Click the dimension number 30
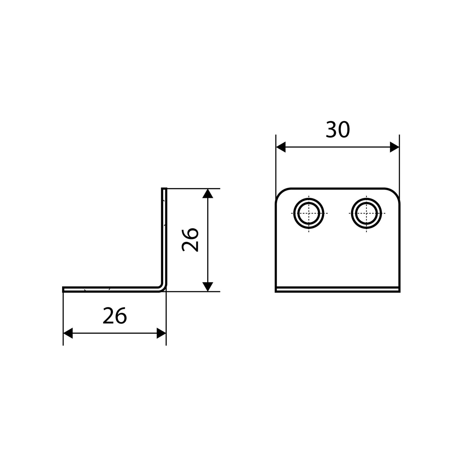(338, 130)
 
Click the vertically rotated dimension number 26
(190, 240)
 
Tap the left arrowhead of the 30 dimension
(281, 147)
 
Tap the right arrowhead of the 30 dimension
(394, 147)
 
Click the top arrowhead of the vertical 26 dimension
(208, 193)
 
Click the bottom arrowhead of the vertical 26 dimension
(208, 286)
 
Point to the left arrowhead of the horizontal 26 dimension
(68, 333)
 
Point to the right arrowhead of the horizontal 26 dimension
(161, 333)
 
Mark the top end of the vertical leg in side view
(164, 189)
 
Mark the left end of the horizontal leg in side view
(63, 289)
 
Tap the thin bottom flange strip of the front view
(338, 290)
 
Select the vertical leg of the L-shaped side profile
(164, 237)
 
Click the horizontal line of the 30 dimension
(338, 147)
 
